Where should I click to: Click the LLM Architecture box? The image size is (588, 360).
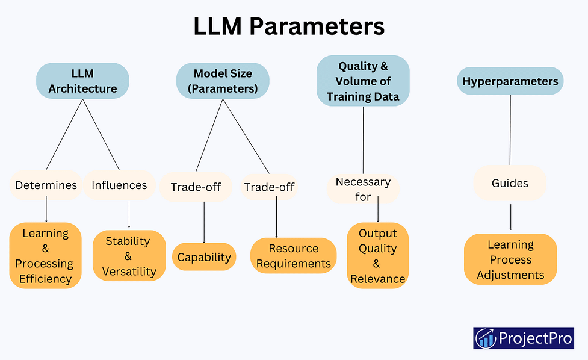pos(82,81)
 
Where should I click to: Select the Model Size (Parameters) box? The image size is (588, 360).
pos(223,81)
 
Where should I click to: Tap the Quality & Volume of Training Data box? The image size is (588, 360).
pos(363,81)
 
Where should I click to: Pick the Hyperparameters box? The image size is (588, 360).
pos(510,81)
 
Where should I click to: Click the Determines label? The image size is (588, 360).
pos(46,185)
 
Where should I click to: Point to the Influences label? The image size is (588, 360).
pos(119,185)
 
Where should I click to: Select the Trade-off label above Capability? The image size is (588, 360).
pos(196,187)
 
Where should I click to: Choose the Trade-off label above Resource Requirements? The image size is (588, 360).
pos(269,187)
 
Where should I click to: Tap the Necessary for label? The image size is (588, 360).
pos(363,189)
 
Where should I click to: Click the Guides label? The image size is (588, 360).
pos(510,183)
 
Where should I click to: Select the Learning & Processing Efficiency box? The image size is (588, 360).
pos(45,256)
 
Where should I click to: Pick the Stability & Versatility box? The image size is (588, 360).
pos(129,256)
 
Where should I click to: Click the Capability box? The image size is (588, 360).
pos(204,257)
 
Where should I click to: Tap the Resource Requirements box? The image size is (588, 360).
pos(294,256)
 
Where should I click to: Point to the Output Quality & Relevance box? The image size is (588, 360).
pos(377,256)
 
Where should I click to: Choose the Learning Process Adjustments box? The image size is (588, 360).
pos(510,259)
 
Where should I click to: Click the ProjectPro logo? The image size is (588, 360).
pos(524,338)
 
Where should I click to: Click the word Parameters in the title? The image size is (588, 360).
pos(317,26)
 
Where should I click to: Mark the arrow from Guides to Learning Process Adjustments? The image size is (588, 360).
pos(511,217)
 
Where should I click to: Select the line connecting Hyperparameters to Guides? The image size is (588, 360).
pos(510,130)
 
